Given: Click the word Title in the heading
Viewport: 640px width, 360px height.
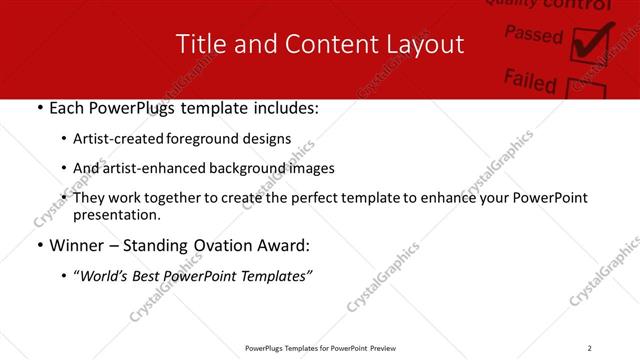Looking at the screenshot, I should (x=199, y=45).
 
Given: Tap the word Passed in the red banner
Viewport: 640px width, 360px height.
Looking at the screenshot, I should (x=533, y=34).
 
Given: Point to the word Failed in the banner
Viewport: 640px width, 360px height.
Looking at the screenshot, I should (x=530, y=78).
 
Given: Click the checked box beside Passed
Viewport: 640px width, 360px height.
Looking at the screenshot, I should (x=588, y=42).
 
